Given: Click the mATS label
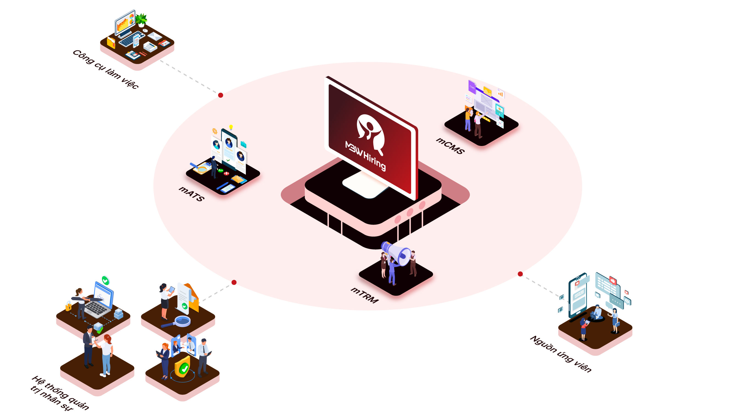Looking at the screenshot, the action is click(x=192, y=194).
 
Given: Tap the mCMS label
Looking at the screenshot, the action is click(x=450, y=146).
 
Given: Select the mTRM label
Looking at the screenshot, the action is click(x=364, y=295).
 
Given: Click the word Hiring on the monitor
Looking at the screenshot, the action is click(x=375, y=161).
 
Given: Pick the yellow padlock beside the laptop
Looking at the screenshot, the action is click(x=68, y=306).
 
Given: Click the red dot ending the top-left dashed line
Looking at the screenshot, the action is click(x=221, y=95).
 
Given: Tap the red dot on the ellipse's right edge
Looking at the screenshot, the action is click(x=520, y=274).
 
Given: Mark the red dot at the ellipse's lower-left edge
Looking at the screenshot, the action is click(x=234, y=283).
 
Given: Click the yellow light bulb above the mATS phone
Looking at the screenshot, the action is click(x=231, y=127).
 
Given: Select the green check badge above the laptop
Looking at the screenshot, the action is click(x=106, y=280).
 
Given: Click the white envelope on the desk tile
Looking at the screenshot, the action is click(x=155, y=37).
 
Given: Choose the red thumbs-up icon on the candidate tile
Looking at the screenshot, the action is click(x=612, y=280).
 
